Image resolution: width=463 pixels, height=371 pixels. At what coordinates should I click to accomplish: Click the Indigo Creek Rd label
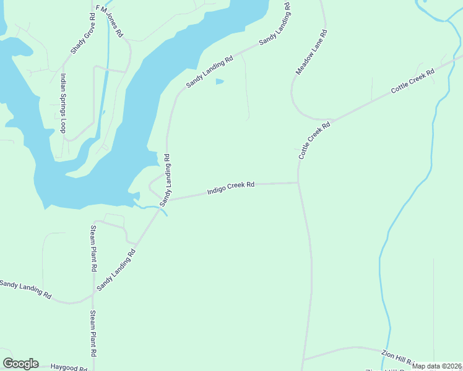point(231,187)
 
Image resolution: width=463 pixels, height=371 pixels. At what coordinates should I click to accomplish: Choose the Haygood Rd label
point(69,367)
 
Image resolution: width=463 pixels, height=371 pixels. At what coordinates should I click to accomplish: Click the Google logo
point(20,364)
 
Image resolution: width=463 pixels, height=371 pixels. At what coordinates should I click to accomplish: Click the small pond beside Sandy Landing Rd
point(219,81)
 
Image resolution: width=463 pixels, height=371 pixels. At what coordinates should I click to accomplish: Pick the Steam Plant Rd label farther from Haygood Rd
point(93,249)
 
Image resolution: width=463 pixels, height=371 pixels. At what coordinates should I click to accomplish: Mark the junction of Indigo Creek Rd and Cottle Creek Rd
point(298,182)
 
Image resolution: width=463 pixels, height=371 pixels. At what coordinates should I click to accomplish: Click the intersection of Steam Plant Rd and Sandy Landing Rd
point(94,292)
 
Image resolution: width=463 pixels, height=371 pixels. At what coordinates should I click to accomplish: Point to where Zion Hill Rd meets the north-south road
point(303,359)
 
